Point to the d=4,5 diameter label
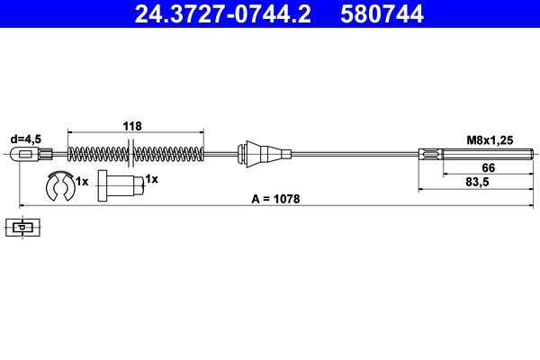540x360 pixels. click(x=25, y=139)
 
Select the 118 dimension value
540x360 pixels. click(x=131, y=127)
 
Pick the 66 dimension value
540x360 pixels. click(x=490, y=168)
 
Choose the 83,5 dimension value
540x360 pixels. click(x=490, y=183)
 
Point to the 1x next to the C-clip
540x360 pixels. click(x=82, y=181)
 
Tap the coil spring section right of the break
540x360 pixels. click(x=171, y=153)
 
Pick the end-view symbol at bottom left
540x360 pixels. click(x=20, y=228)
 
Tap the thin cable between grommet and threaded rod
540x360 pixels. click(x=351, y=153)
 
